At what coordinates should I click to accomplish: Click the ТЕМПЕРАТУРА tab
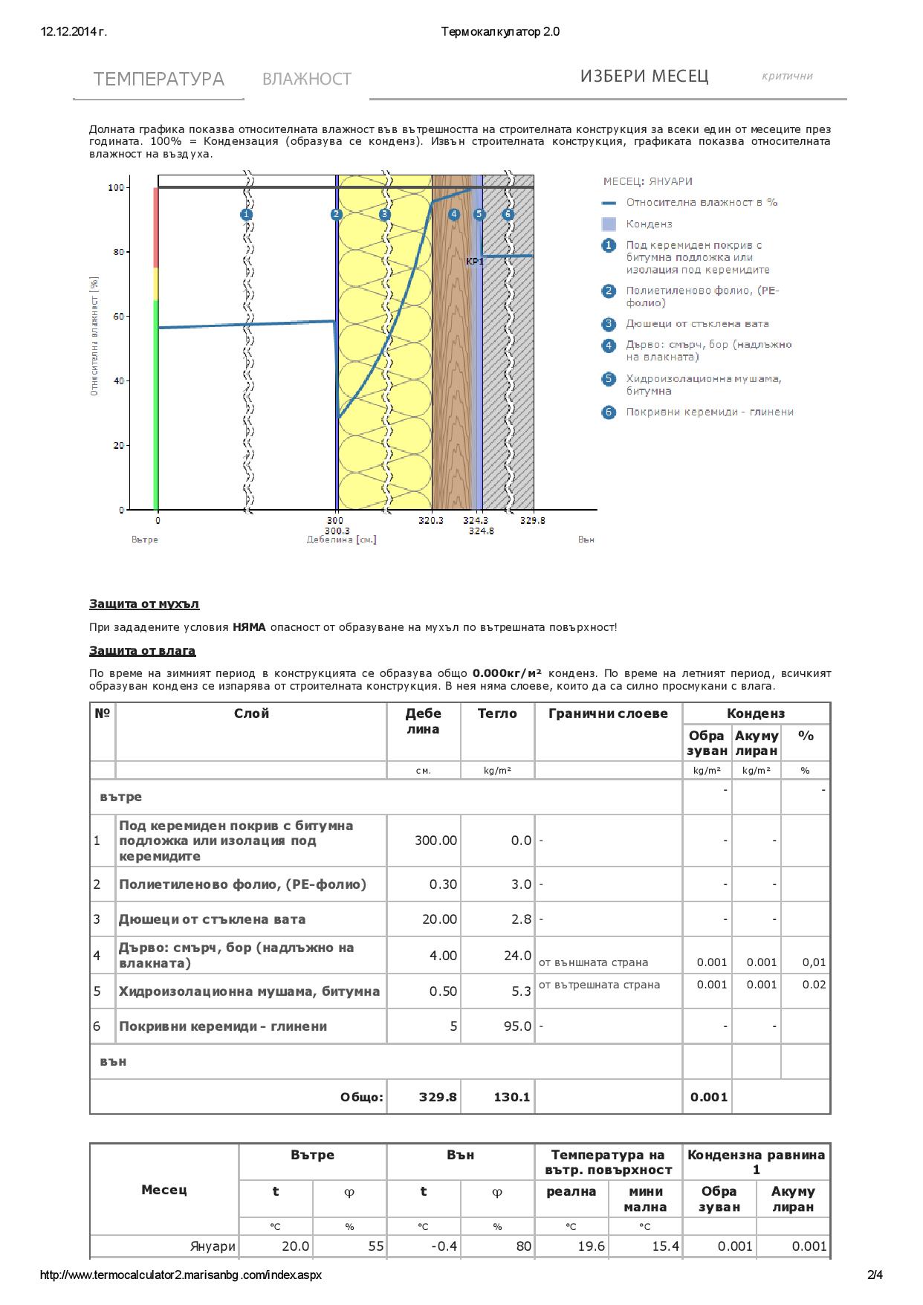[x=158, y=79]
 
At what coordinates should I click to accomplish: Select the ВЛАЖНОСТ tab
[x=306, y=79]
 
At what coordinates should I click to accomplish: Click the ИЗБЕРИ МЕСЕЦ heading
[x=644, y=76]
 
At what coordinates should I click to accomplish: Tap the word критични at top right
[x=787, y=76]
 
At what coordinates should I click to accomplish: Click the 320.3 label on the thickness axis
[x=430, y=521]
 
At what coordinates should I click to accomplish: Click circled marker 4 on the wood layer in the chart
[x=454, y=214]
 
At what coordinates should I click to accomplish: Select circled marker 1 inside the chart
[x=247, y=214]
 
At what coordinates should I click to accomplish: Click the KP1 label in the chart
[x=474, y=261]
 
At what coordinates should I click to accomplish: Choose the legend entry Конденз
[x=648, y=224]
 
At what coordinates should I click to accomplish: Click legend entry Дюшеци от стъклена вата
[x=696, y=323]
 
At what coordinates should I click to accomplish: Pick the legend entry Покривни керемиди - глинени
[x=709, y=412]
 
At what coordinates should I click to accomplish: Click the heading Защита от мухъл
[x=144, y=604]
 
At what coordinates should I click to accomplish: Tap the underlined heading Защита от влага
[x=142, y=651]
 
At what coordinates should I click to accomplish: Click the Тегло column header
[x=497, y=713]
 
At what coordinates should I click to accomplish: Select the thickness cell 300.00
[x=435, y=841]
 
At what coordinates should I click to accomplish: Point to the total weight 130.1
[x=511, y=1097]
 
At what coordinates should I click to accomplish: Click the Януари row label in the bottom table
[x=213, y=1246]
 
